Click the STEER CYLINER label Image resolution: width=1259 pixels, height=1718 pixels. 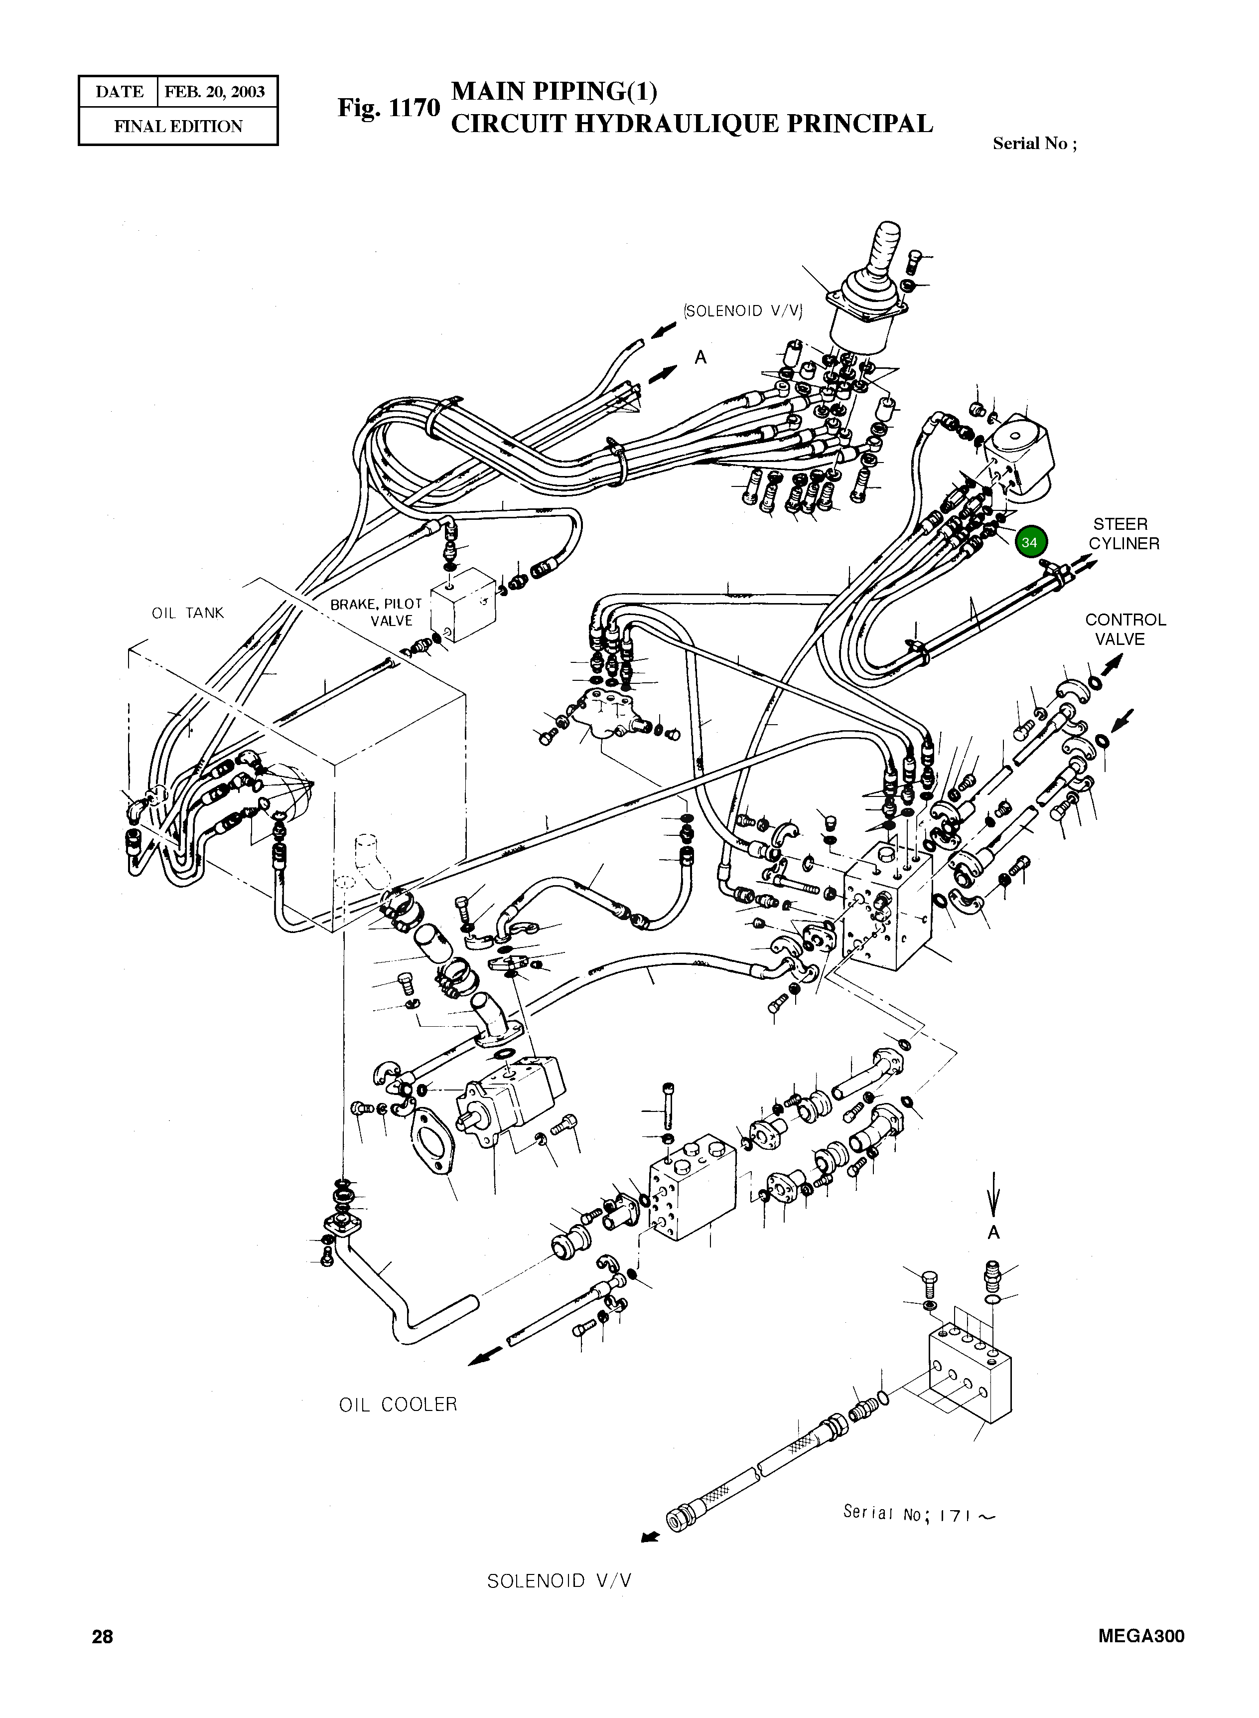tap(1123, 533)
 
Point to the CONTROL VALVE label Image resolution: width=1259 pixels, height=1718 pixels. tap(1125, 629)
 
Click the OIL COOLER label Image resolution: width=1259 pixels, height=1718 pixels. tap(398, 1405)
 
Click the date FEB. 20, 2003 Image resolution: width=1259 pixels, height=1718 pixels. tap(215, 92)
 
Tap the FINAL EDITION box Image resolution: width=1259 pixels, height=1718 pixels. tap(178, 127)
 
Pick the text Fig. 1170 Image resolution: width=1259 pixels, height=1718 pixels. tap(389, 108)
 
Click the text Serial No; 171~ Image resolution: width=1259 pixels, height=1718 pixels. tap(918, 1514)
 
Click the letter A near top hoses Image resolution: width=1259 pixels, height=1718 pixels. tap(700, 357)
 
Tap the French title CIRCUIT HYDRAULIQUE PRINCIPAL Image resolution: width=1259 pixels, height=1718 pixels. tap(691, 124)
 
